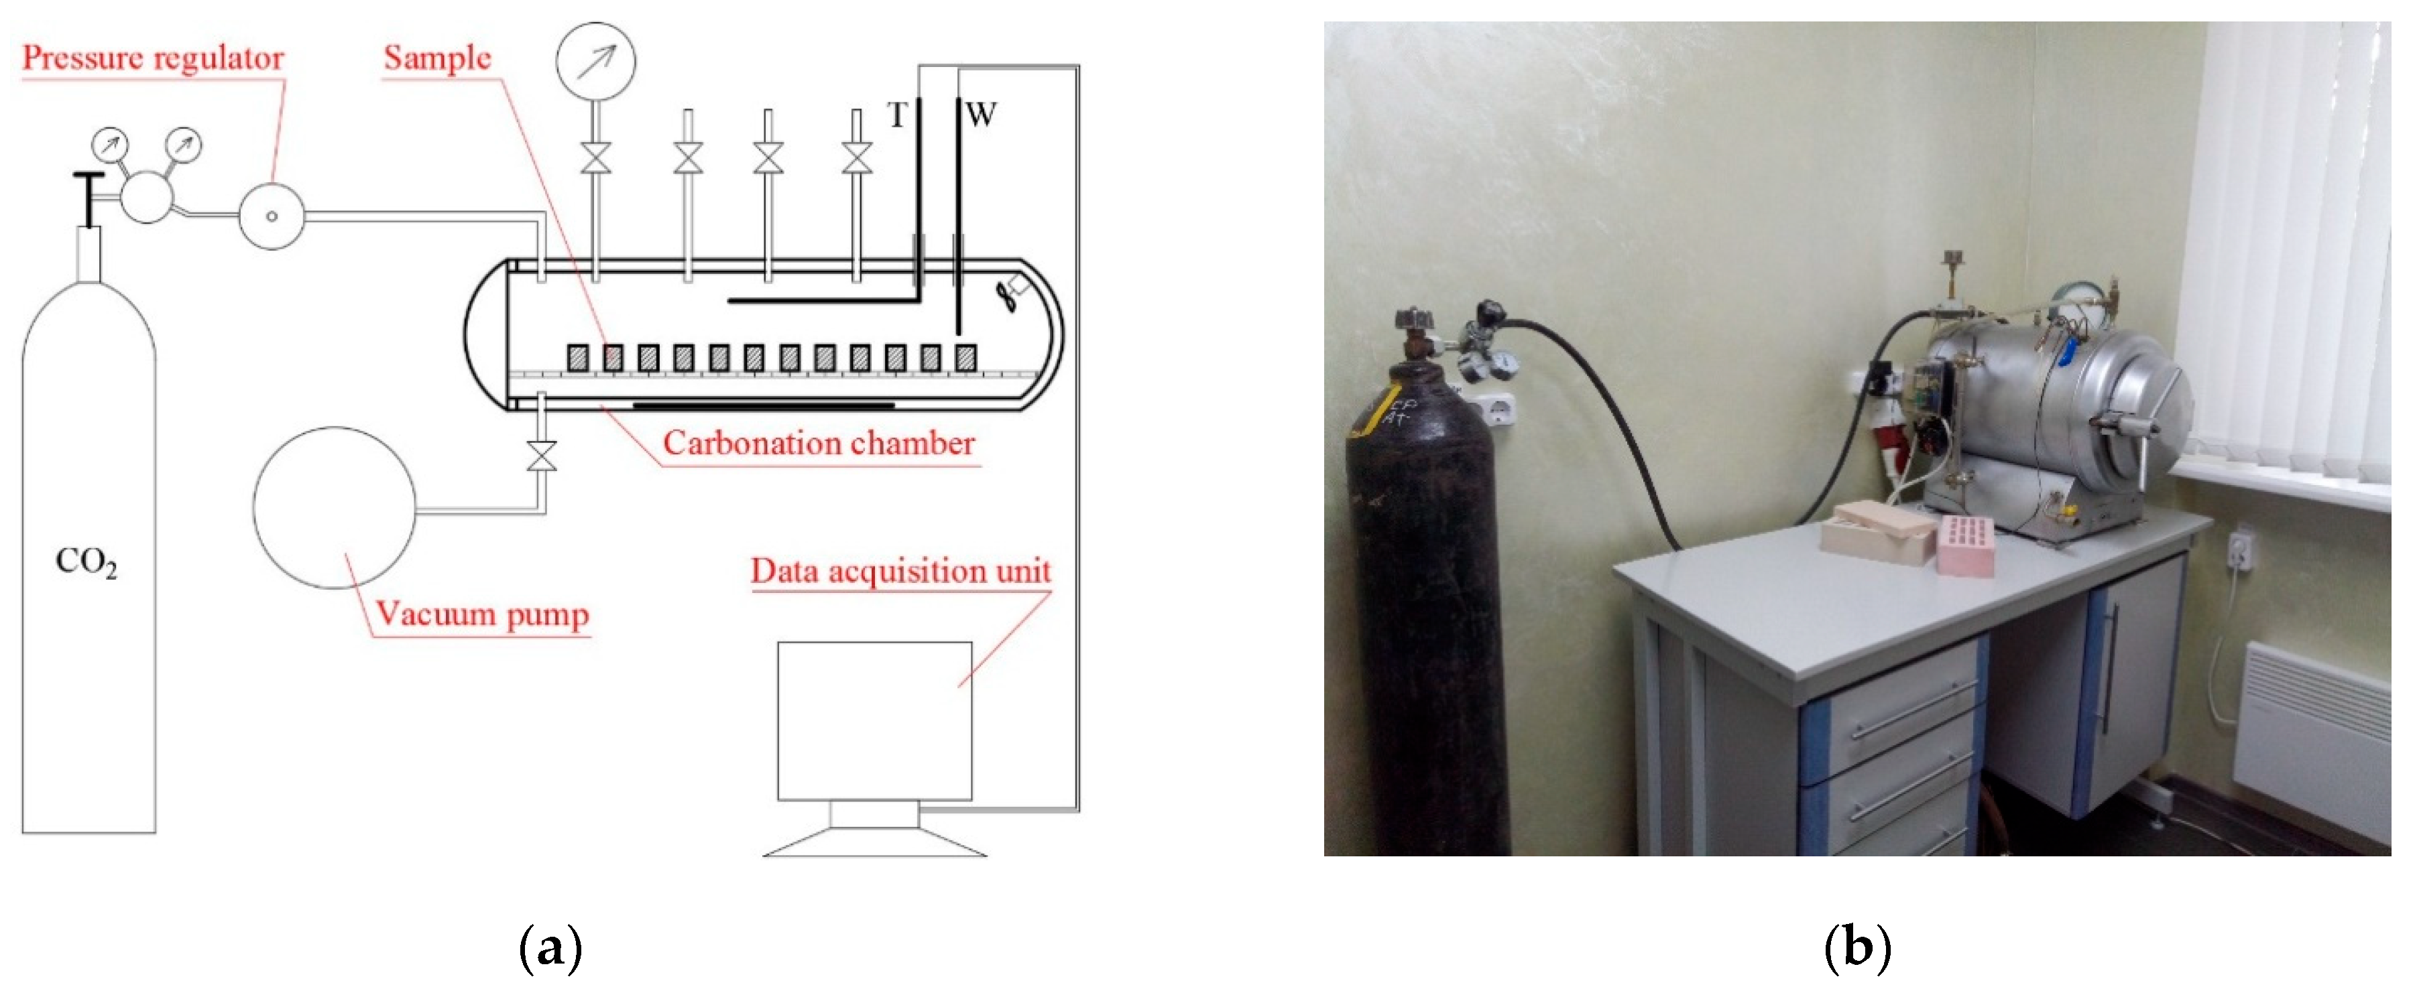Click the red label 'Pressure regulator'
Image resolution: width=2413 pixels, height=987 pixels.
(153, 58)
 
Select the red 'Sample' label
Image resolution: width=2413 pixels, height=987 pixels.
(436, 58)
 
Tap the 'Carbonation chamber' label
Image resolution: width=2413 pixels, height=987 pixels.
(819, 443)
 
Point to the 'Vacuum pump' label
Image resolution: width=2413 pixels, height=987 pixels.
(483, 614)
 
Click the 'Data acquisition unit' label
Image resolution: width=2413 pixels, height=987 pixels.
(900, 570)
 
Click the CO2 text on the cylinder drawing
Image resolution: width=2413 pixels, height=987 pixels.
(86, 562)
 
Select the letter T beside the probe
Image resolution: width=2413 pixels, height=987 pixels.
(897, 115)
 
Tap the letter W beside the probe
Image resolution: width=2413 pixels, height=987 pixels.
(981, 115)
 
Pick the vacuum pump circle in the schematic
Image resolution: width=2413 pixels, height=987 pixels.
(335, 507)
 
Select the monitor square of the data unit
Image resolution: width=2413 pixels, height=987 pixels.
(874, 721)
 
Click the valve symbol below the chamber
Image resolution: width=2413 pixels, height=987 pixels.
(542, 457)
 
